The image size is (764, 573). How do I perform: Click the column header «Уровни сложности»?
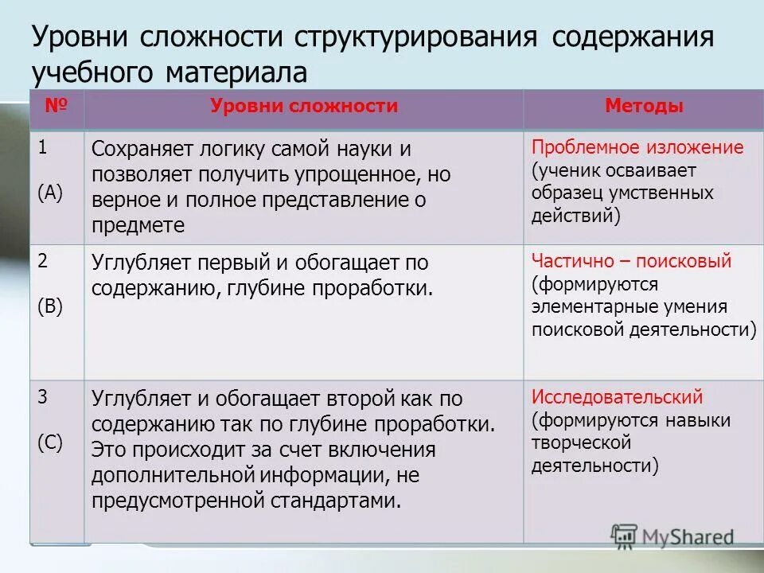point(304,107)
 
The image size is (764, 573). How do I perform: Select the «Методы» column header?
point(643,107)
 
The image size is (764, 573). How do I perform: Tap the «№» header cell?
point(56,107)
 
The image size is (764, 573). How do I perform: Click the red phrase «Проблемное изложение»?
point(637,147)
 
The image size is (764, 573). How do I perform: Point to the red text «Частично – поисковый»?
point(631,262)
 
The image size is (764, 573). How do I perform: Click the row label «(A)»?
point(49,193)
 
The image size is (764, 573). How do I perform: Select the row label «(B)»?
point(49,307)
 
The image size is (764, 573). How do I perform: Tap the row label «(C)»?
point(49,443)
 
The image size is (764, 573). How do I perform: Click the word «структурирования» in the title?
point(415,38)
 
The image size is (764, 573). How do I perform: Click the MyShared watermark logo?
point(672,536)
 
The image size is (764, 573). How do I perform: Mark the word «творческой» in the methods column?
point(582,442)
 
